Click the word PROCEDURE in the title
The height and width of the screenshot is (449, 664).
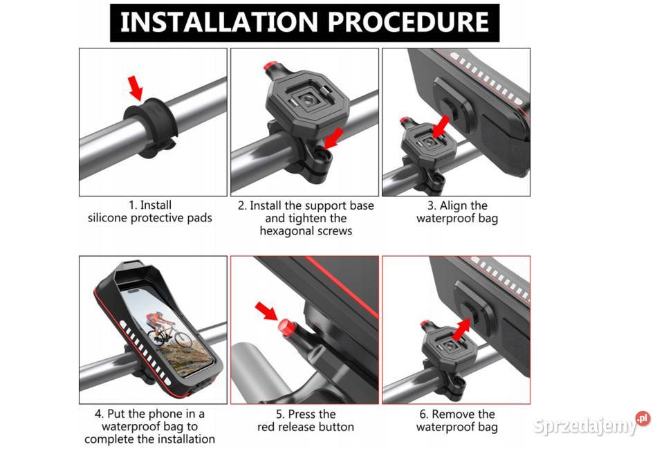[x=409, y=22]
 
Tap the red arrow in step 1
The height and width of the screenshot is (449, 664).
[x=136, y=88]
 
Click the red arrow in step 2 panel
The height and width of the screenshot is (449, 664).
[x=333, y=138]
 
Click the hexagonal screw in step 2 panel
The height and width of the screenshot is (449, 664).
[x=324, y=155]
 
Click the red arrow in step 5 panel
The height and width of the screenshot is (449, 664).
[x=266, y=311]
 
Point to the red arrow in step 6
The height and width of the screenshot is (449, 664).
[x=461, y=329]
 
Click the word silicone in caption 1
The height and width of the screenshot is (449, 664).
[x=107, y=218]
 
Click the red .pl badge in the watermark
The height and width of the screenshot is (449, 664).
[x=643, y=419]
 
